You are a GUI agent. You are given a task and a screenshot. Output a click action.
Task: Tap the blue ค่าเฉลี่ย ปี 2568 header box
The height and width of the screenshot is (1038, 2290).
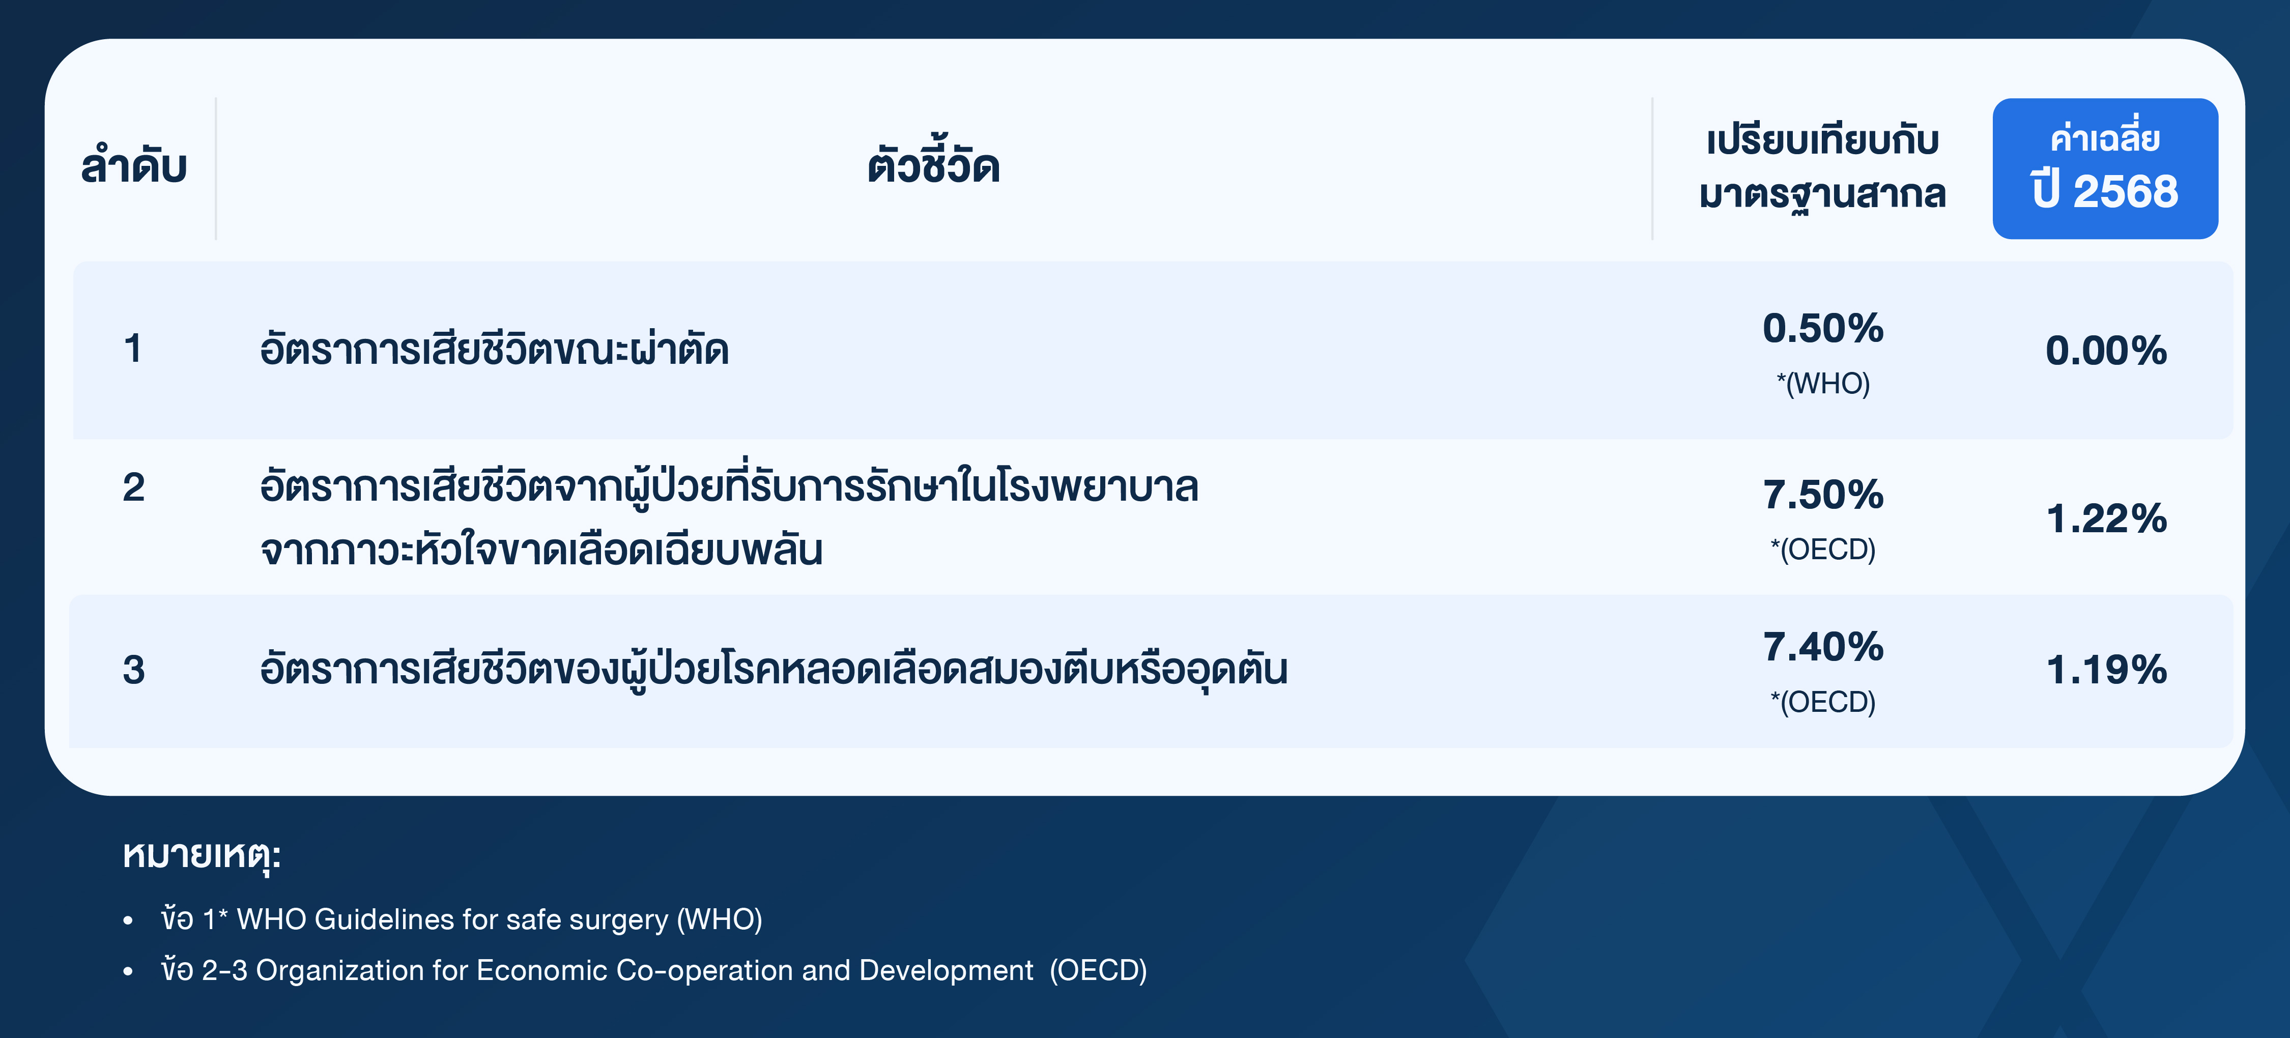(x=2105, y=168)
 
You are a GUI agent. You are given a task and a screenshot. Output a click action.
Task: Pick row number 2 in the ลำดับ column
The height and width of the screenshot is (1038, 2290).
(x=133, y=487)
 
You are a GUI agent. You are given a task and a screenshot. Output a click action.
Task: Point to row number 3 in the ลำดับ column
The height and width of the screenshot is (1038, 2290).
(x=133, y=669)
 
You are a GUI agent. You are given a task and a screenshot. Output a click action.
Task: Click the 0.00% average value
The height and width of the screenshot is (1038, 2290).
(x=2106, y=350)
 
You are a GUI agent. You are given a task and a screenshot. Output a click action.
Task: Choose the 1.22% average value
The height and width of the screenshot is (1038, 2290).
(x=2106, y=518)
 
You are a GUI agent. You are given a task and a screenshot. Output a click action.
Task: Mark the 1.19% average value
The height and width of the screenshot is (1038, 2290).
(x=2106, y=669)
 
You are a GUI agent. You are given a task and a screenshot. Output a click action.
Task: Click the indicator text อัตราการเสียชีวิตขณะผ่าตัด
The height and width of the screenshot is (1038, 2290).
(x=494, y=349)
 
